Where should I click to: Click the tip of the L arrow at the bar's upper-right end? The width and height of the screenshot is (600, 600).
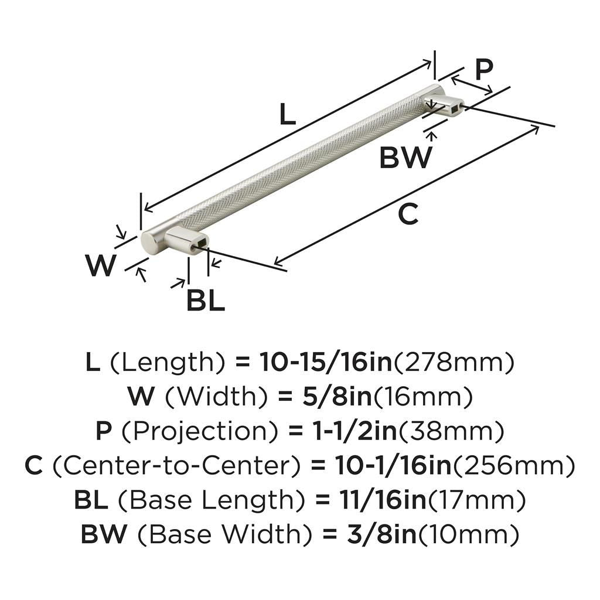tap(431, 61)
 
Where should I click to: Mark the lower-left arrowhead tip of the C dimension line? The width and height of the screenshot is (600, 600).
tap(274, 264)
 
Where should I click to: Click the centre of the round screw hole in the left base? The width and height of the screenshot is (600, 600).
tap(195, 248)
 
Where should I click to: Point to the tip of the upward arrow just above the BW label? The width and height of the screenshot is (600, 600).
tap(432, 132)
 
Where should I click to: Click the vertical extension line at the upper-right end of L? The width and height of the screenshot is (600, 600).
tap(435, 64)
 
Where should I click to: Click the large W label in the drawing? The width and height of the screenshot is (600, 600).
tap(101, 265)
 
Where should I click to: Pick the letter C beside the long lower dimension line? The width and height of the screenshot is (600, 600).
tap(408, 214)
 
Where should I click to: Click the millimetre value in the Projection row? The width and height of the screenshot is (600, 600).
tap(452, 431)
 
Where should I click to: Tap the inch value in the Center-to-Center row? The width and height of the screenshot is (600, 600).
tap(393, 465)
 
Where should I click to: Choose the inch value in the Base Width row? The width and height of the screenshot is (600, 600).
tap(382, 534)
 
